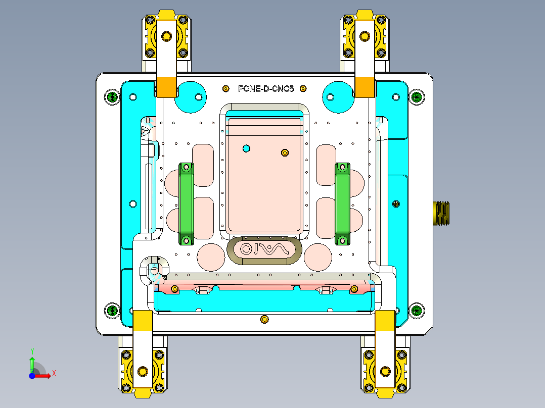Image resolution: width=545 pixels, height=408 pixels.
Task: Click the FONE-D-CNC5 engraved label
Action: tap(265, 89)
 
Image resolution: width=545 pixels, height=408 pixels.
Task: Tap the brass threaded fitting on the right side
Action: tap(441, 212)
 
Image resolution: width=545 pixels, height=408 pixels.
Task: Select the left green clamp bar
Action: tap(186, 203)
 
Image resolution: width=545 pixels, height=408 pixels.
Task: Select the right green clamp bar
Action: tap(342, 203)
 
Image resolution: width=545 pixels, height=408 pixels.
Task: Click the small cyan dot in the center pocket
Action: tap(246, 148)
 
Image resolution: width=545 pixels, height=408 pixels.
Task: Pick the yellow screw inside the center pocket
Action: tap(285, 152)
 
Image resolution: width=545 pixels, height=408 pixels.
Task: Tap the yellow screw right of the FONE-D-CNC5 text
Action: tap(303, 89)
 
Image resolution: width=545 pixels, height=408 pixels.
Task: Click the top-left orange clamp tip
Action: tap(166, 87)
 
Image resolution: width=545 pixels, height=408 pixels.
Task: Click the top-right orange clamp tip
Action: tap(364, 87)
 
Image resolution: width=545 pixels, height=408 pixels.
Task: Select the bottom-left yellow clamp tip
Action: tap(143, 320)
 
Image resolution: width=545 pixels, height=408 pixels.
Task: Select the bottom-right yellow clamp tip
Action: tap(385, 320)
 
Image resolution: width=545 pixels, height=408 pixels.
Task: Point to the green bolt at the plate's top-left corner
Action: tap(112, 96)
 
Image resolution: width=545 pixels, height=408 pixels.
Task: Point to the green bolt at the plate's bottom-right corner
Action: tap(416, 311)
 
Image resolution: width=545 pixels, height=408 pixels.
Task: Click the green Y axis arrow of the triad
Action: tap(32, 362)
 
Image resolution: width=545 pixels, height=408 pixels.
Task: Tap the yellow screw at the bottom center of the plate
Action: tap(263, 319)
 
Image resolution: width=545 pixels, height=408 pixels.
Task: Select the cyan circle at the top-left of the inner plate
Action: tap(191, 96)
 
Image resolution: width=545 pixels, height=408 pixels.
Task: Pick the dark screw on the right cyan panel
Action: tap(396, 203)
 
